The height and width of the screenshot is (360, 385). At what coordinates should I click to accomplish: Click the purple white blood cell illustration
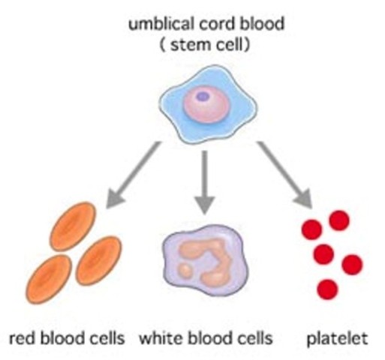pos(203,259)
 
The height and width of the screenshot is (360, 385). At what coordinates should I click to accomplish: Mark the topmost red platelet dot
pos(339,220)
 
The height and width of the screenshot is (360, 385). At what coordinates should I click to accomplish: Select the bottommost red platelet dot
pos(327,288)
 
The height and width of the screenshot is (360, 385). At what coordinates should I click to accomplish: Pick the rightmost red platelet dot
pos(351,264)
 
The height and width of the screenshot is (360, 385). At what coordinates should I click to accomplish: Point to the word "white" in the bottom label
pos(158,339)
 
